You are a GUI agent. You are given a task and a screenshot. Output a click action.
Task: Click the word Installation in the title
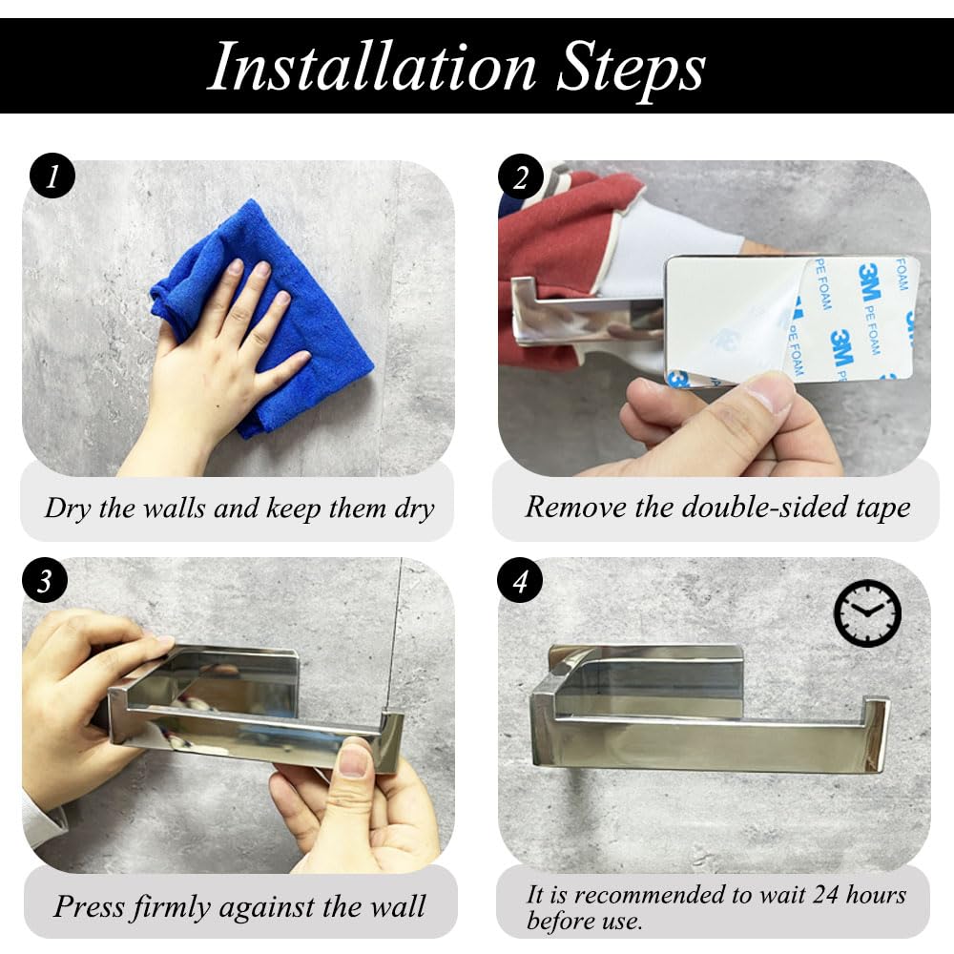(372, 67)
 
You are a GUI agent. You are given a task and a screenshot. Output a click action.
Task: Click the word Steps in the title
(631, 68)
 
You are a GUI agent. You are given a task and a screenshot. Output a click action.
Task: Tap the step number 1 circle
(52, 176)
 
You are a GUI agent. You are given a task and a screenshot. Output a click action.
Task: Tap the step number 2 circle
(521, 176)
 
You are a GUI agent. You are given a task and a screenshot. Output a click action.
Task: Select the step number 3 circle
(45, 581)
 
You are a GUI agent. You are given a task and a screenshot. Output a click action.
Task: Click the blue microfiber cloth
(261, 317)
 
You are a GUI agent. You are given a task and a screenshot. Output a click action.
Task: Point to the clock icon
(867, 612)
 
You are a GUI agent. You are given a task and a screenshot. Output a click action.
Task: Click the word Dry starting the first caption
(67, 508)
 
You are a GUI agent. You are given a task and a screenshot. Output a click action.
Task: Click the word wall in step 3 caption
(398, 906)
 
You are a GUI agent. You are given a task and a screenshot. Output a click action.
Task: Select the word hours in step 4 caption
(876, 895)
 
